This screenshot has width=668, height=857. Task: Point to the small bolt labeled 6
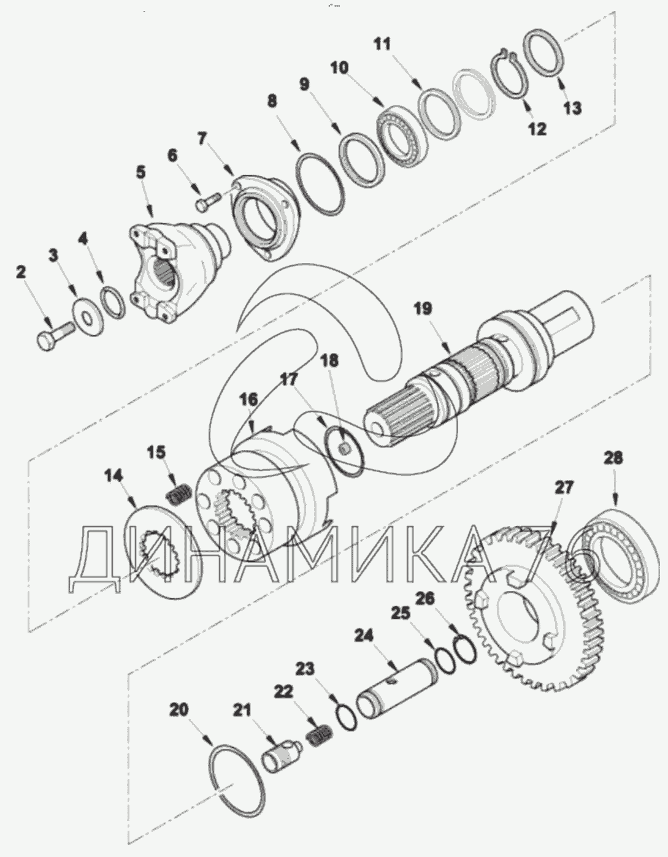[x=208, y=200]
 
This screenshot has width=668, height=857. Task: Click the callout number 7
[x=202, y=139]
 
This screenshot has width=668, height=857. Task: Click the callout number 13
[x=572, y=108]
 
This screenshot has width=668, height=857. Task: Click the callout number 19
[x=423, y=308]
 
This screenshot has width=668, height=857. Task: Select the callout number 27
[x=564, y=488]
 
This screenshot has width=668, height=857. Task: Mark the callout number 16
[x=248, y=400]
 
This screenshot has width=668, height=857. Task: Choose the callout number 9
[x=304, y=85]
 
